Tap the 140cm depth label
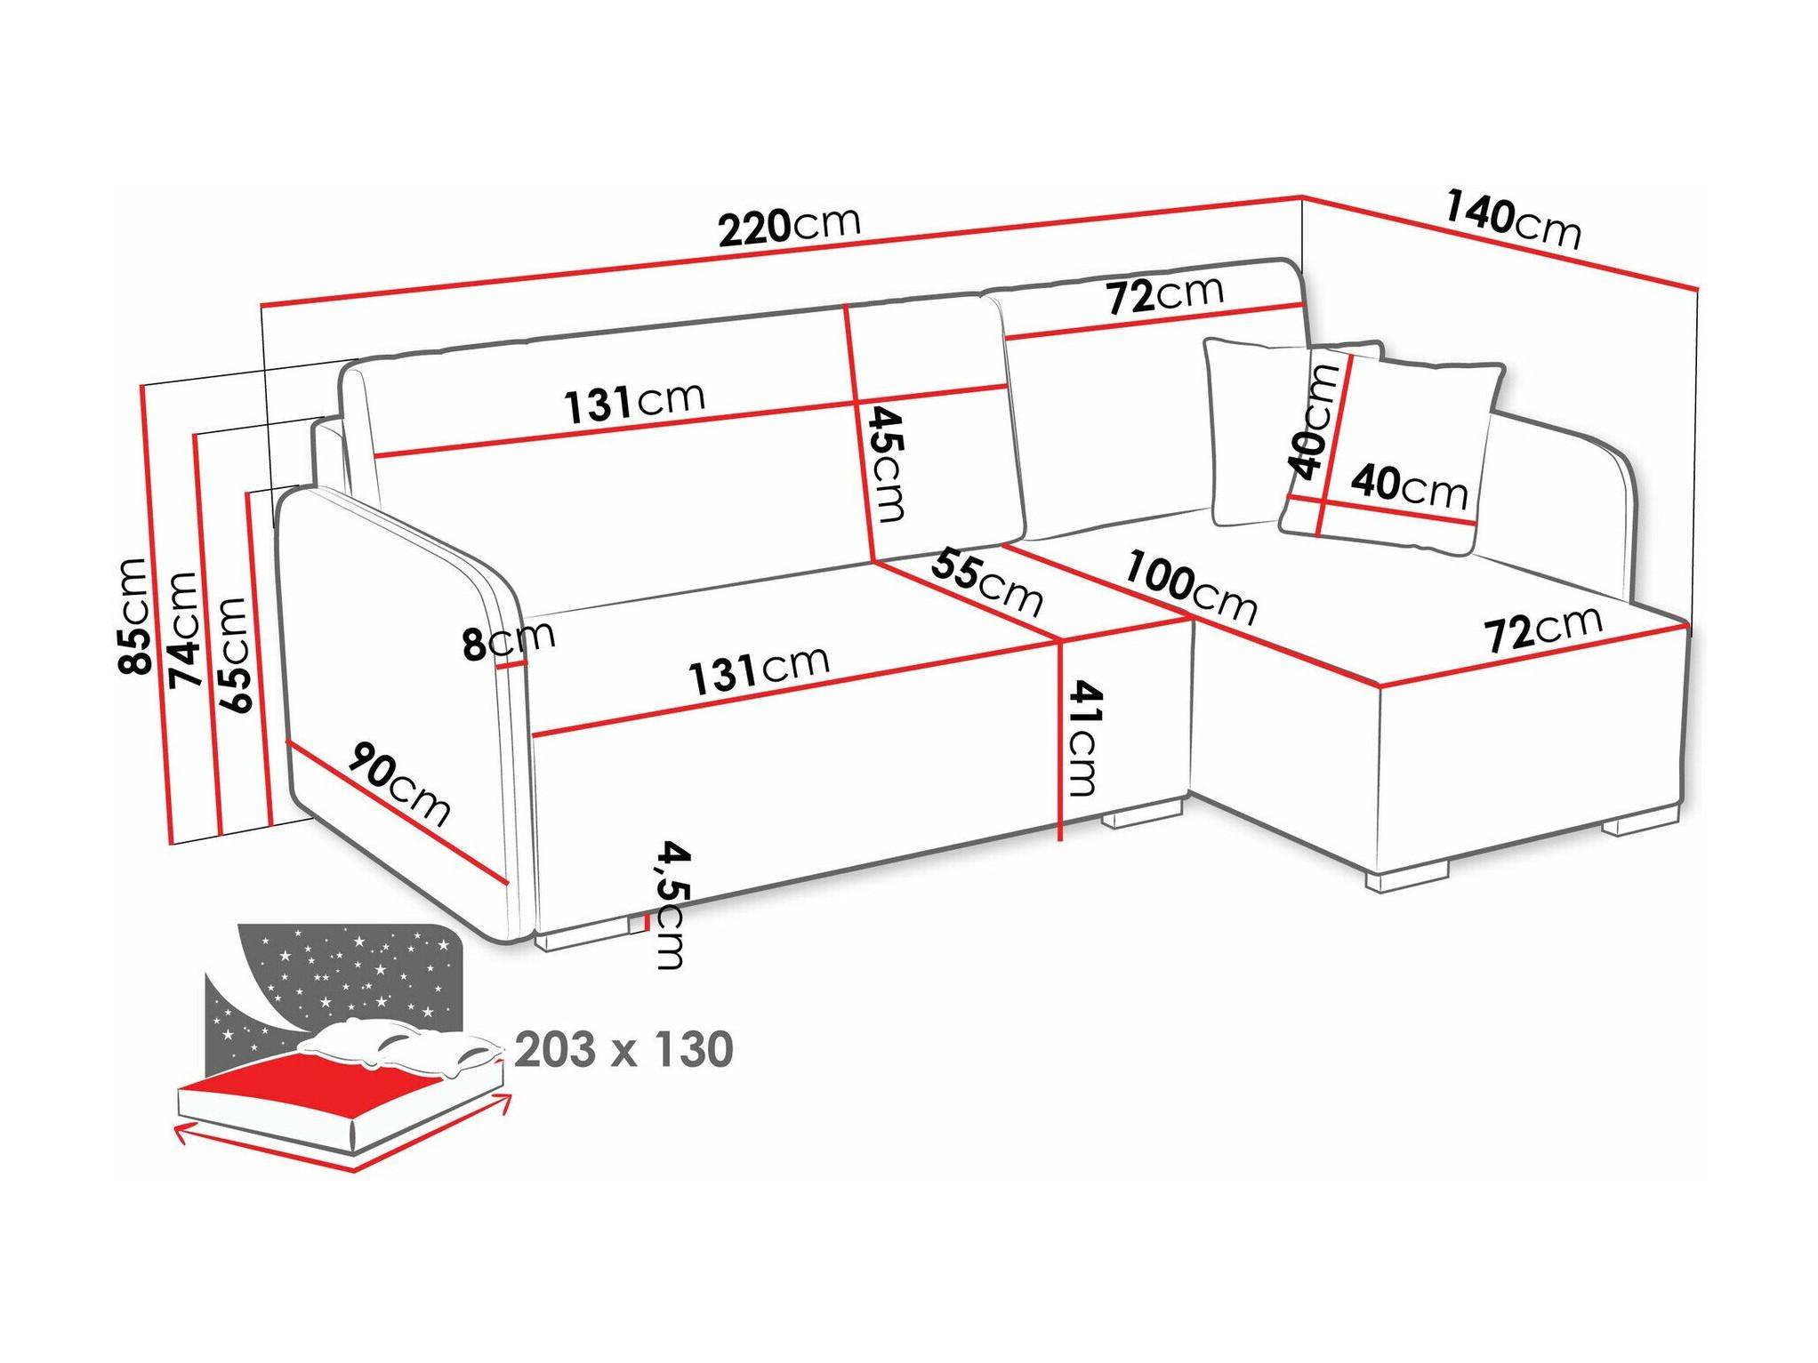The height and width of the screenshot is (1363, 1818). pyautogui.click(x=1513, y=220)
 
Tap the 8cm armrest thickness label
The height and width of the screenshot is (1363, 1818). pyautogui.click(x=509, y=639)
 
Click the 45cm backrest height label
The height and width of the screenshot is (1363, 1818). pyautogui.click(x=887, y=463)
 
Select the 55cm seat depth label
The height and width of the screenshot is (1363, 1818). pyautogui.click(x=986, y=583)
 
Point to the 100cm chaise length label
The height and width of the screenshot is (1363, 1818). pyautogui.click(x=1191, y=589)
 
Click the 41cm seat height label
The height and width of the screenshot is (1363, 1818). pyautogui.click(x=1082, y=738)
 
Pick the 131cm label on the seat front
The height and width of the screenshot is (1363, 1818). pyautogui.click(x=760, y=670)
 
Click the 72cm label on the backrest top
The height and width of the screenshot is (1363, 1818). pyautogui.click(x=1165, y=295)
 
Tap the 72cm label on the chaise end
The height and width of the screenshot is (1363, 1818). pyautogui.click(x=1543, y=630)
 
